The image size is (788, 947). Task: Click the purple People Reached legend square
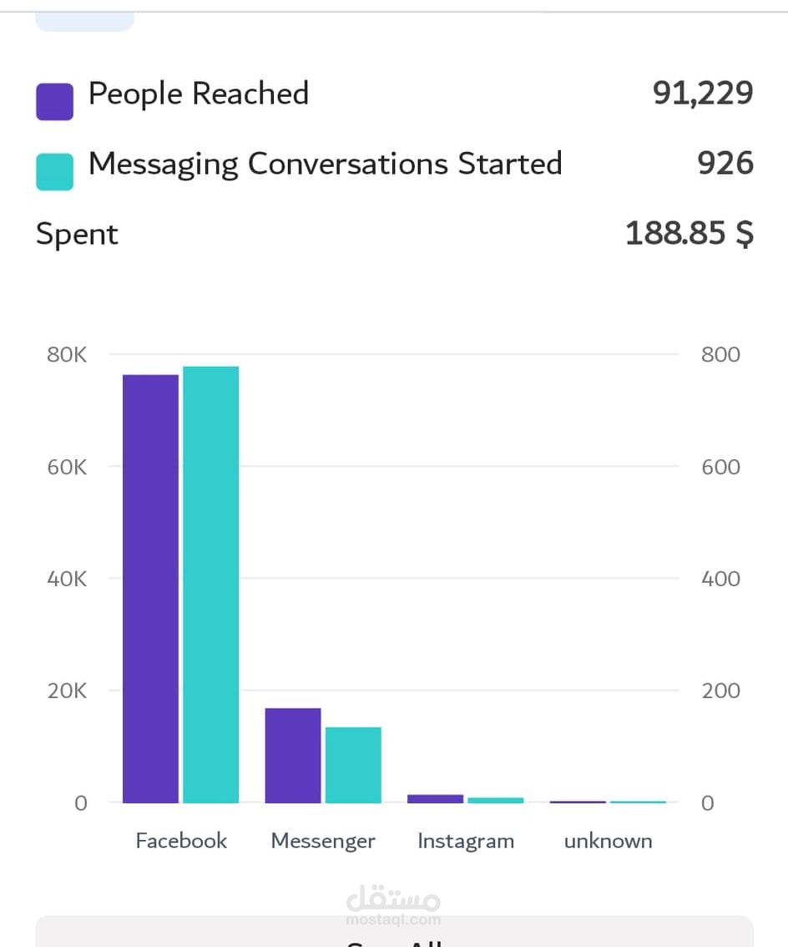click(54, 101)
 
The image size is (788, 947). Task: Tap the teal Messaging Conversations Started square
click(54, 171)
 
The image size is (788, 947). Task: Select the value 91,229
click(703, 94)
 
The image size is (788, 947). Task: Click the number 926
click(725, 163)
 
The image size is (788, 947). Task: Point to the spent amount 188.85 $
click(689, 234)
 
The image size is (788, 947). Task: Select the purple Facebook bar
click(150, 588)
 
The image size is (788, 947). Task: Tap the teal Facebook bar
click(210, 584)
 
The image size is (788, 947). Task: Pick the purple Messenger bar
click(293, 755)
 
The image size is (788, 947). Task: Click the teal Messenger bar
click(353, 764)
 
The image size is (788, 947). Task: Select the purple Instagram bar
click(435, 799)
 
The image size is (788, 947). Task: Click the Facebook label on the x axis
click(181, 841)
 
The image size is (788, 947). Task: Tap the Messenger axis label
click(323, 841)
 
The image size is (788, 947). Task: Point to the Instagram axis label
click(466, 841)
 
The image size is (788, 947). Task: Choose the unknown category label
click(608, 841)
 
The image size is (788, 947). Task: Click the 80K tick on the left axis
click(67, 355)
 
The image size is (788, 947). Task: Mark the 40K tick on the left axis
click(67, 579)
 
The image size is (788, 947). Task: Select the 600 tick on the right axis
click(720, 467)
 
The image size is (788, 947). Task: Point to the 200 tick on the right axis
click(720, 691)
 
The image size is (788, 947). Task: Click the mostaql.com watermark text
click(393, 919)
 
